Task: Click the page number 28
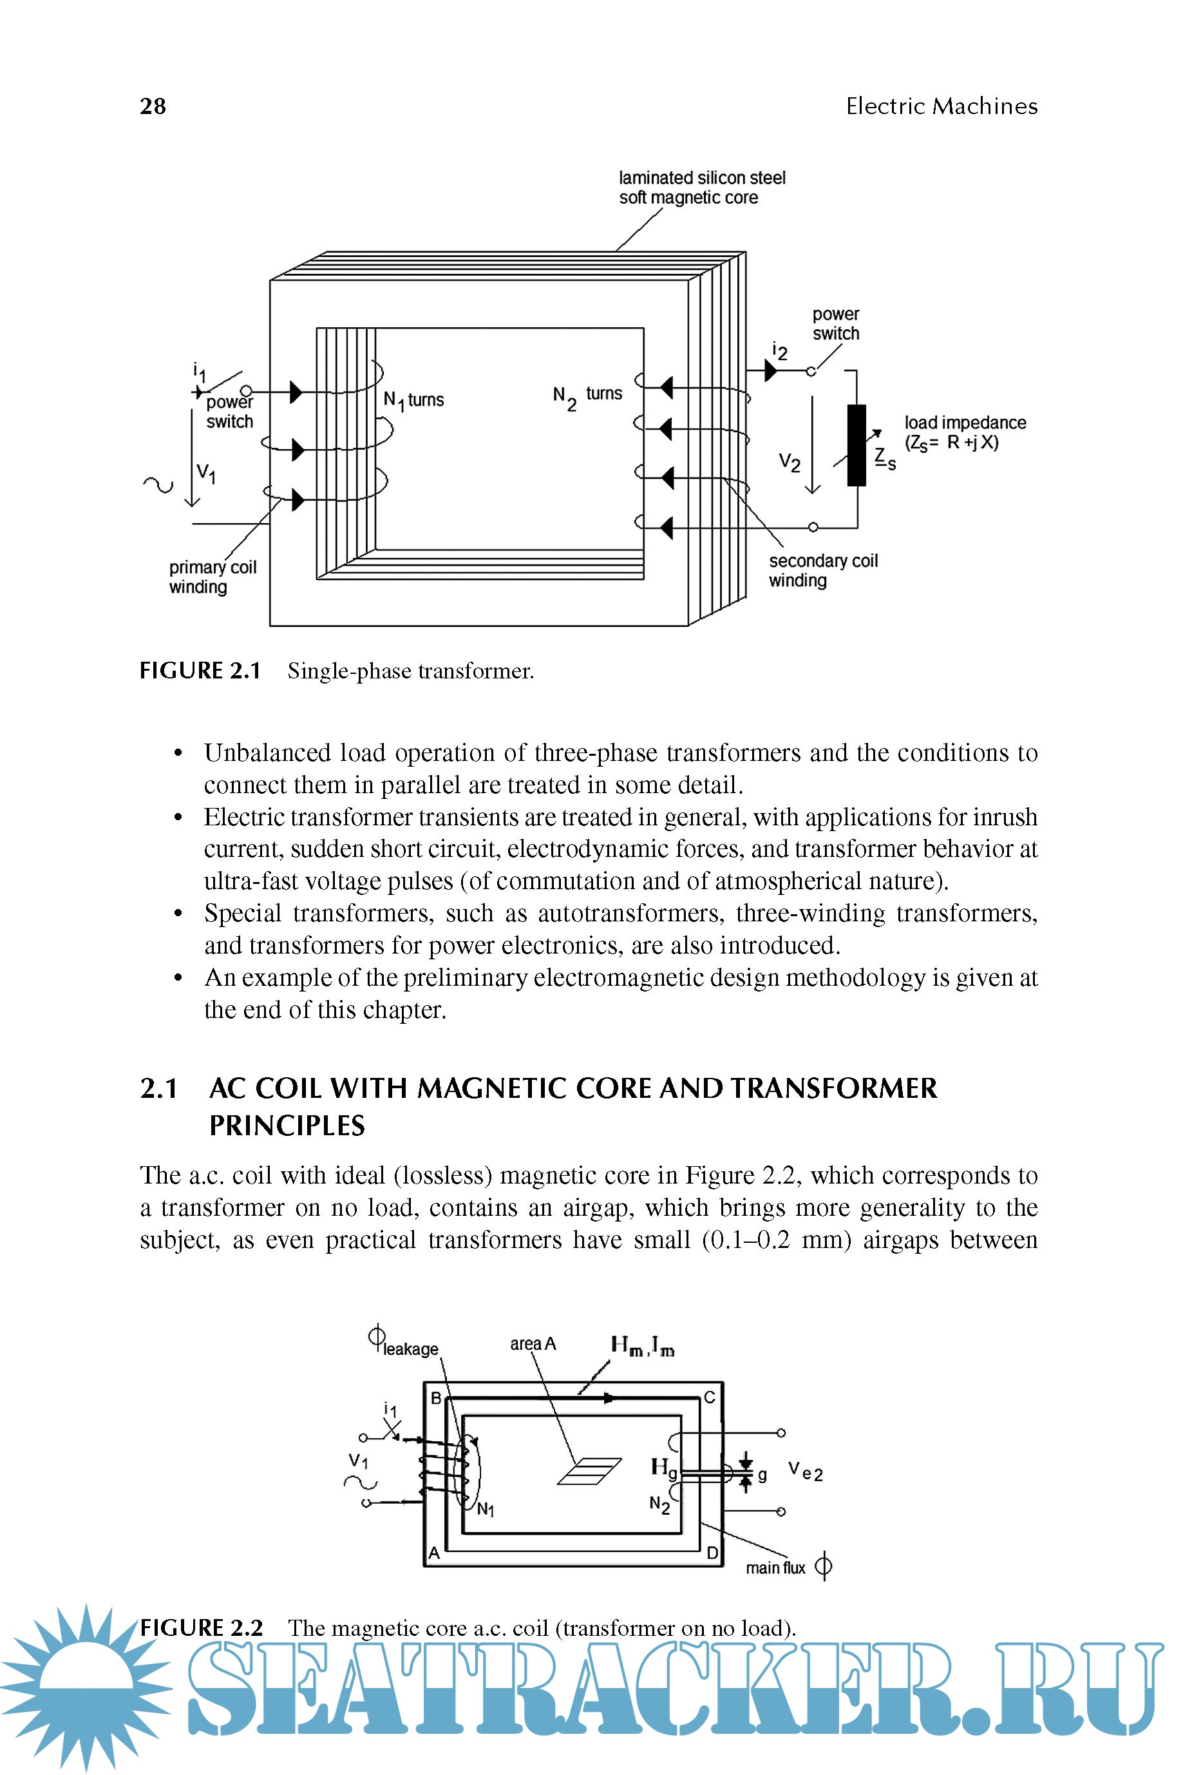153,106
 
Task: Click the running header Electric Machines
941,106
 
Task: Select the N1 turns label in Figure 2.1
413,400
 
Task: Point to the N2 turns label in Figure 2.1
587,396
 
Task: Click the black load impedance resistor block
856,445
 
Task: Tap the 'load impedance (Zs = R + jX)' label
965,432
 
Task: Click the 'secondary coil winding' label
822,571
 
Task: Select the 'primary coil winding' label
212,577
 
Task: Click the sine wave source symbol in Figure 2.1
158,485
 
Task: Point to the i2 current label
779,351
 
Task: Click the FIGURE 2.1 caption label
200,671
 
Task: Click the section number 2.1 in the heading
158,1088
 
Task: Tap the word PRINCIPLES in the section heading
287,1126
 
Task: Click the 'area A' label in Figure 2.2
533,1344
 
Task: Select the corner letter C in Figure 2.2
709,1397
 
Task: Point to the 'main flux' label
775,1568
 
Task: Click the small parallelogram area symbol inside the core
589,1471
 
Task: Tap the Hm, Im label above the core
642,1346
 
